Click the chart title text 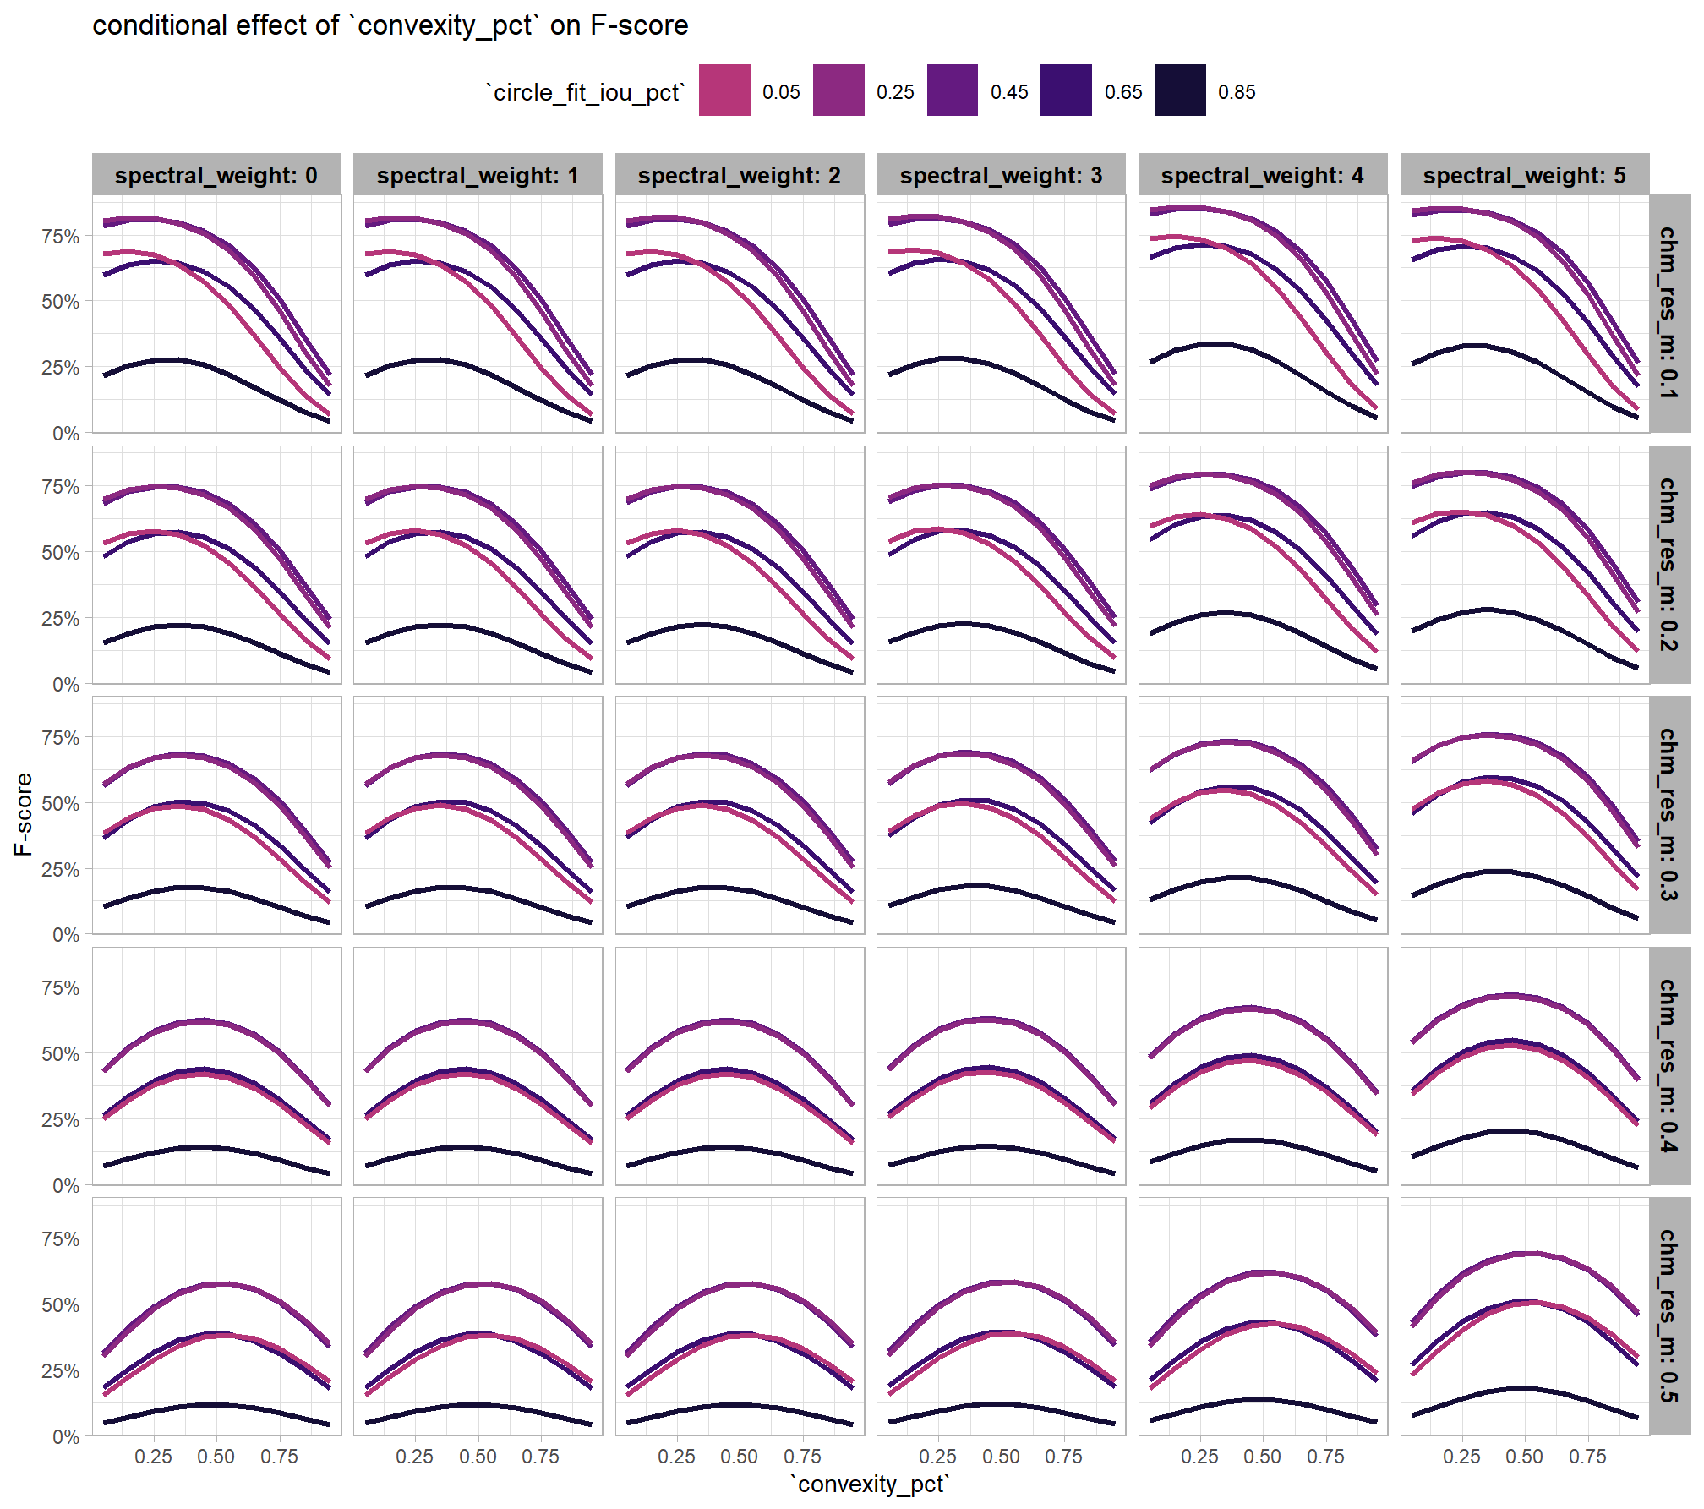[x=390, y=25]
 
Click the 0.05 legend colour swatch [x=724, y=90]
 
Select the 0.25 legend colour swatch [x=838, y=90]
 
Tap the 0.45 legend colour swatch [x=953, y=90]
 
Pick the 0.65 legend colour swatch [x=1066, y=90]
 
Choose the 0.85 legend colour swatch [x=1180, y=90]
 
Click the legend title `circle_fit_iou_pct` [x=585, y=92]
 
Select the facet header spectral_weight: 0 [x=216, y=175]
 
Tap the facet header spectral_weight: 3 [x=1001, y=175]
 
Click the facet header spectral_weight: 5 [x=1524, y=175]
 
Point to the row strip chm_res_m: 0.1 [x=1668, y=314]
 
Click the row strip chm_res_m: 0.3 [x=1668, y=815]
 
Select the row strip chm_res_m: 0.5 [x=1668, y=1316]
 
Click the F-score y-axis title [x=23, y=814]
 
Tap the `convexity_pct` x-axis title [x=870, y=1485]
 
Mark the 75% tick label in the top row [x=61, y=237]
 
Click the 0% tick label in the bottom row [x=66, y=1437]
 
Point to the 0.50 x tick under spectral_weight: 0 [x=216, y=1457]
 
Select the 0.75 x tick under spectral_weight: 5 [x=1587, y=1457]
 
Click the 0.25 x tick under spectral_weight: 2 [x=676, y=1457]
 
